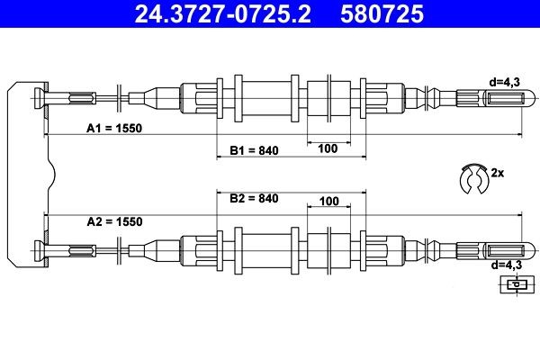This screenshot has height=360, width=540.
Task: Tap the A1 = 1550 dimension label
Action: pyautogui.click(x=114, y=128)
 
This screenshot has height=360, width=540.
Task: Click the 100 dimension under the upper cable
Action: pyautogui.click(x=328, y=149)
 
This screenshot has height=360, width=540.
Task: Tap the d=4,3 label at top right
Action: pyautogui.click(x=505, y=81)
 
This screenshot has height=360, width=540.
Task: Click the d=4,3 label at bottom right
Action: pyautogui.click(x=505, y=265)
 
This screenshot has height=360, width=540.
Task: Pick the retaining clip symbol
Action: pyautogui.click(x=471, y=178)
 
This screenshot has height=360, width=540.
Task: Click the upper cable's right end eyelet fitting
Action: pyautogui.click(x=490, y=97)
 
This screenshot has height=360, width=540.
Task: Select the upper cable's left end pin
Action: pyautogui.click(x=40, y=97)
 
